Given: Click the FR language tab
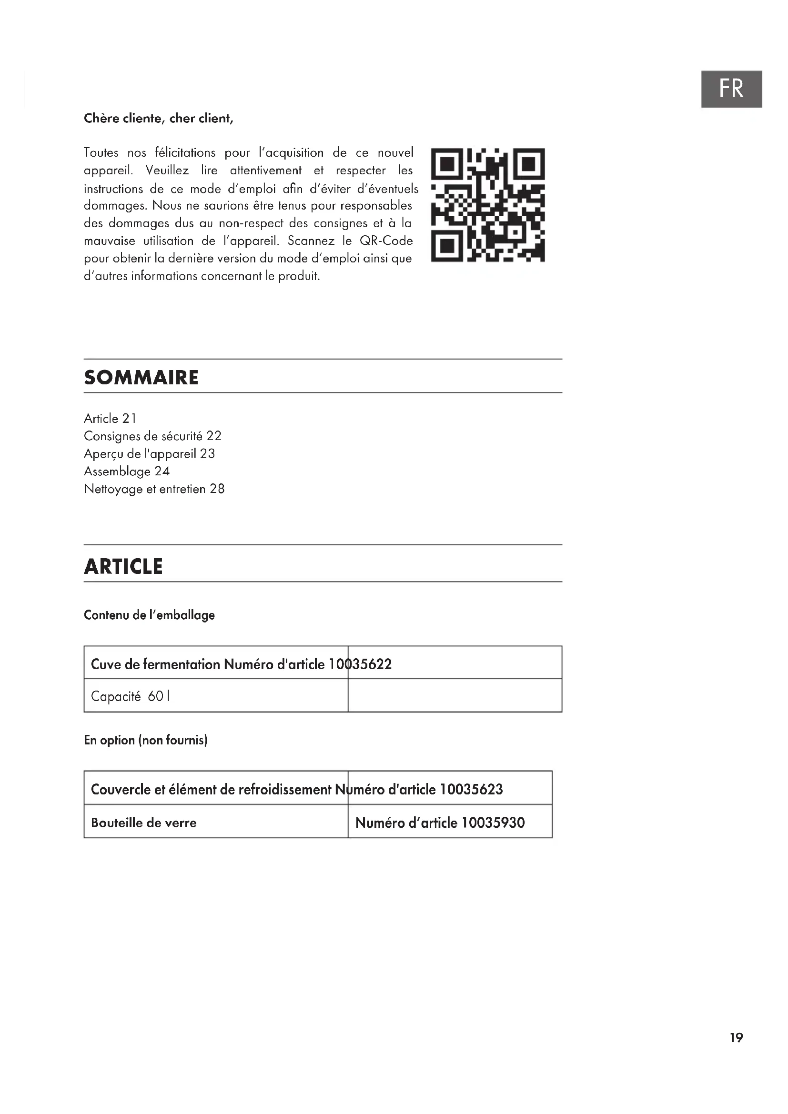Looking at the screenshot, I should pos(731,89).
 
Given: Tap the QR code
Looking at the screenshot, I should pos(488,205).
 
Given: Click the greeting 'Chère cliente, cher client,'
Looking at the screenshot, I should pos(158,119).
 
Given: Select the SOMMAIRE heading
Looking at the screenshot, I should pos(141,378).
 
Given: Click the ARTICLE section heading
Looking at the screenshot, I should pos(123,566).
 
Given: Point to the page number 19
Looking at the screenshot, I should pos(736,1037).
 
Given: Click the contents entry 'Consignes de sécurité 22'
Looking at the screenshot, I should pos(152,436).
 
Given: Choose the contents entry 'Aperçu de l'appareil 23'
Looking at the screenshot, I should pos(149,454).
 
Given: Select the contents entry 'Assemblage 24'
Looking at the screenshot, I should pos(127,471).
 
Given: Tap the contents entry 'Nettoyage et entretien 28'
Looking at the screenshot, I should pos(154,489).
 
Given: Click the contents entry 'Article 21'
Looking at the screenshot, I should pos(110,418).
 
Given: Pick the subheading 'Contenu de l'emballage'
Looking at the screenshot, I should pos(149,615).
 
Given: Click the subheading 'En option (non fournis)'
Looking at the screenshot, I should pos(146,740).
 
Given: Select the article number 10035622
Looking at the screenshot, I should pos(360,664).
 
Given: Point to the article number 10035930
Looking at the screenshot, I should pos(493,823).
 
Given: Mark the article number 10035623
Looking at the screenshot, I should pos(471,789).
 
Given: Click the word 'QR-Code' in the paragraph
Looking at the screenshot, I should pos(386,241).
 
